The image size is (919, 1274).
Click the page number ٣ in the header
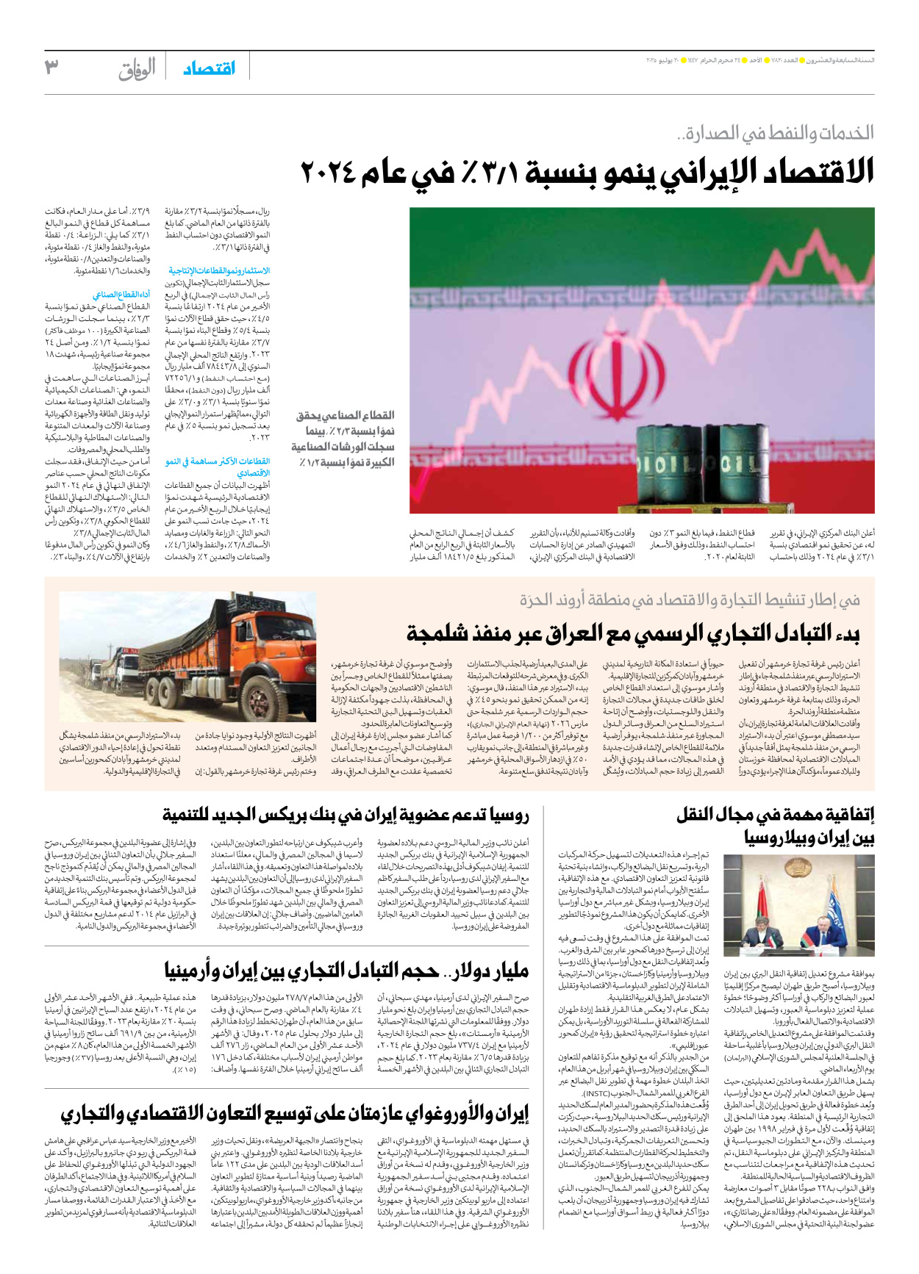[x=51, y=67]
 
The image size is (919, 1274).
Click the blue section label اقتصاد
[x=209, y=68]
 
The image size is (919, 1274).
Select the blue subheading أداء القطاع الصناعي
[x=122, y=295]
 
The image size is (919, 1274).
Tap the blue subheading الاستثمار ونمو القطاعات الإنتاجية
[x=218, y=270]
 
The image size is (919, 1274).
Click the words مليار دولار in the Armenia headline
[x=490, y=972]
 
